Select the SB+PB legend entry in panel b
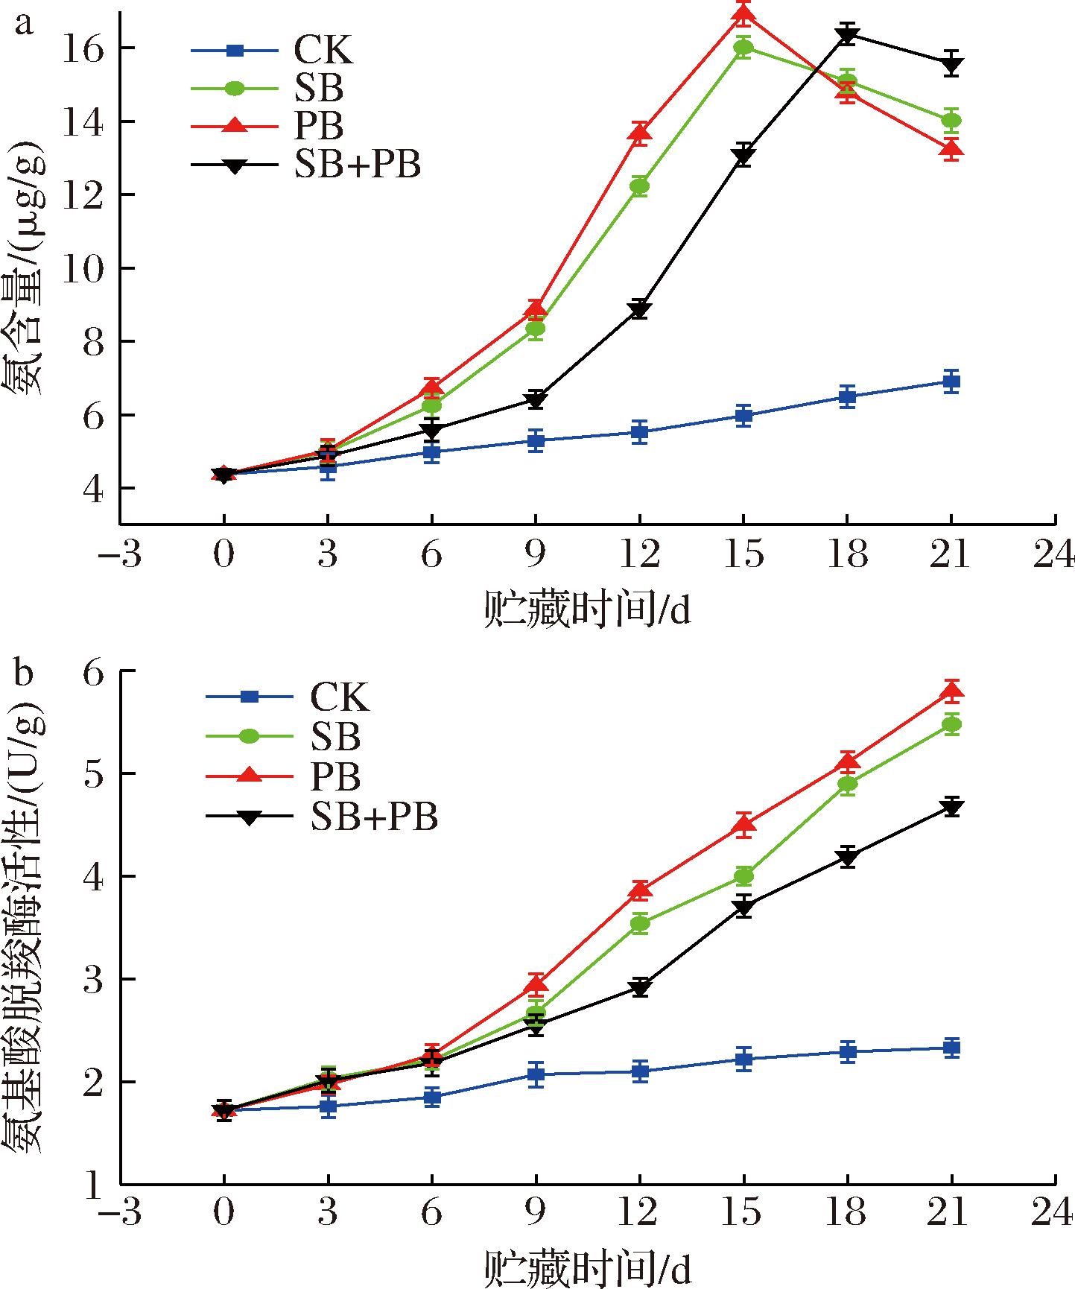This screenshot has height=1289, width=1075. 373,817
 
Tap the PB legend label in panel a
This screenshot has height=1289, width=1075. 318,127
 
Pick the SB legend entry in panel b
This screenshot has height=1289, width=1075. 335,736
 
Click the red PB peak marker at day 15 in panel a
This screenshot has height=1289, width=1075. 743,13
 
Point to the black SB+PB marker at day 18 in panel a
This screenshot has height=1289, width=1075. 847,34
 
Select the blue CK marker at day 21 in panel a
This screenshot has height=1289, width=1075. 951,381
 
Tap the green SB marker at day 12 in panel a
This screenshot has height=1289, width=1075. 639,186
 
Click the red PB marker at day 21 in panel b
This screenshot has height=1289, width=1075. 951,691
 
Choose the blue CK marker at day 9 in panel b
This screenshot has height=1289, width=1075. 536,1074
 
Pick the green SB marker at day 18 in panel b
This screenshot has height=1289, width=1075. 847,784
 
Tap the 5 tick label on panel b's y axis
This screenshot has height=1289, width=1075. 92,773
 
